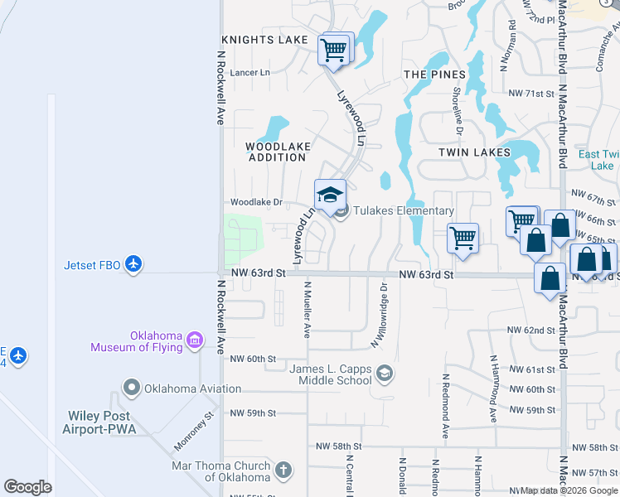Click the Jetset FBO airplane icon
point(135,265)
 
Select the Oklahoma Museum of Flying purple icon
point(195,339)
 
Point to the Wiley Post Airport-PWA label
point(99,422)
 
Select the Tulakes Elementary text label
point(404,211)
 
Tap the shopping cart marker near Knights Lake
point(334,49)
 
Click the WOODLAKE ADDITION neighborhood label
point(278,152)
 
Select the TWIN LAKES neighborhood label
point(473,152)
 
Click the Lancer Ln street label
point(249,73)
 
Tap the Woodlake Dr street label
point(256,202)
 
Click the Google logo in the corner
point(28,488)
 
